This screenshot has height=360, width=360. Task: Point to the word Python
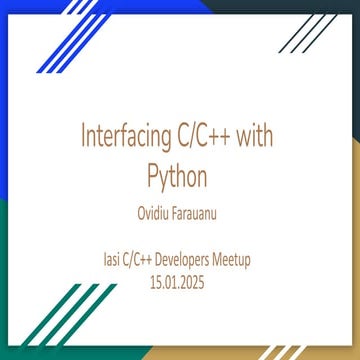[x=180, y=180]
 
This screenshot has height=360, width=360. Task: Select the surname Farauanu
[x=201, y=211]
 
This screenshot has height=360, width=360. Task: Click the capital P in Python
[x=153, y=180]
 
